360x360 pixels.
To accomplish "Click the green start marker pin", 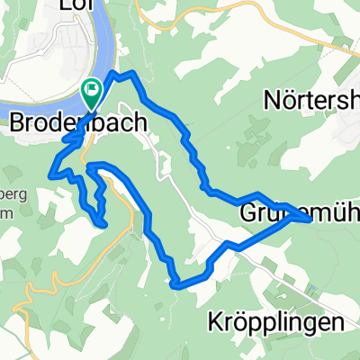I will pyautogui.click(x=92, y=89).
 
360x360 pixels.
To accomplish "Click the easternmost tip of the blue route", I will pyautogui.click(x=310, y=218).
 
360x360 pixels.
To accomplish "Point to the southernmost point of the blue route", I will pyautogui.click(x=177, y=285).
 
